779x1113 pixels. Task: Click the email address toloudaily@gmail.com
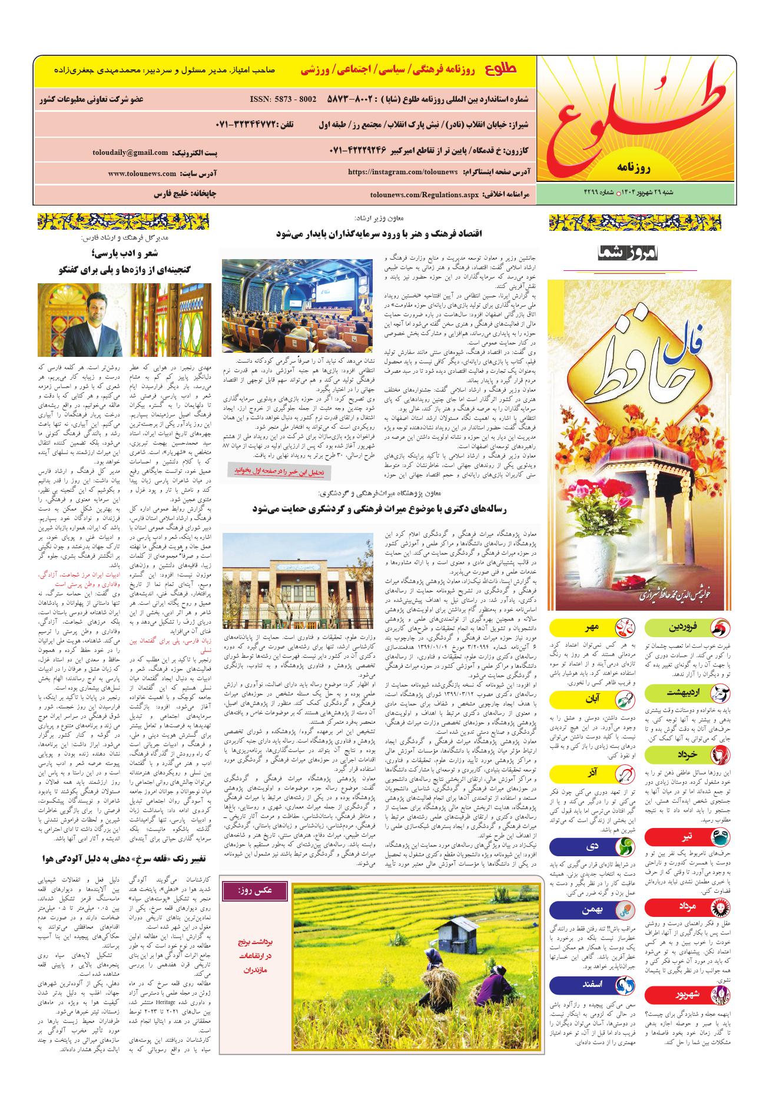click(130, 153)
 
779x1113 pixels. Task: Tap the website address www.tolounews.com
click(142, 174)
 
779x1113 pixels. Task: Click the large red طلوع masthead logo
click(638, 119)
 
